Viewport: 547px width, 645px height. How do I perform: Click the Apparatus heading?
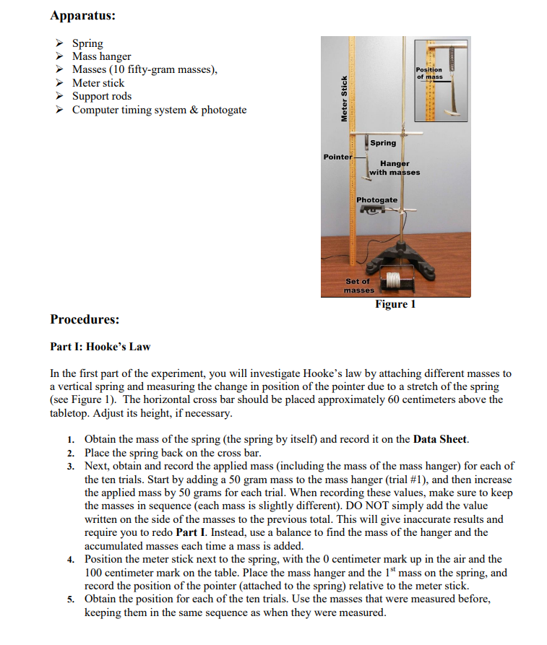click(x=82, y=14)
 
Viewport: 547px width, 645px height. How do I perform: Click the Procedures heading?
click(x=85, y=319)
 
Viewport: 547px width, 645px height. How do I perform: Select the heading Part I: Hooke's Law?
click(x=100, y=347)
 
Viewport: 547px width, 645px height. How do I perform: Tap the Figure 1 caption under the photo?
click(x=395, y=304)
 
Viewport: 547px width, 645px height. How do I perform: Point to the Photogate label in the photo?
click(x=376, y=199)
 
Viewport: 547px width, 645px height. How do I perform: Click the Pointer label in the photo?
click(x=337, y=156)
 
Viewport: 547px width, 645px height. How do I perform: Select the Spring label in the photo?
click(x=383, y=143)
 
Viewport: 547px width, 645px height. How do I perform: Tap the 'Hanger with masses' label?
click(x=395, y=168)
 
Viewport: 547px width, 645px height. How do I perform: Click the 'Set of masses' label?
click(x=358, y=285)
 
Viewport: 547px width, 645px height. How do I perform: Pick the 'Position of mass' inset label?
click(x=429, y=73)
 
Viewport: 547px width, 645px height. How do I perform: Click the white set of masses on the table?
click(x=393, y=280)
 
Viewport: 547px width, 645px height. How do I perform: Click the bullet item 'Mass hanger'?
click(x=102, y=56)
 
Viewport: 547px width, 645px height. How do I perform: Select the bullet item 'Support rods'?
click(x=102, y=96)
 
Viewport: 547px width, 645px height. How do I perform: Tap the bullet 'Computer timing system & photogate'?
click(x=159, y=110)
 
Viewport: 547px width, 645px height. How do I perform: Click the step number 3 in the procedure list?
click(x=71, y=466)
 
